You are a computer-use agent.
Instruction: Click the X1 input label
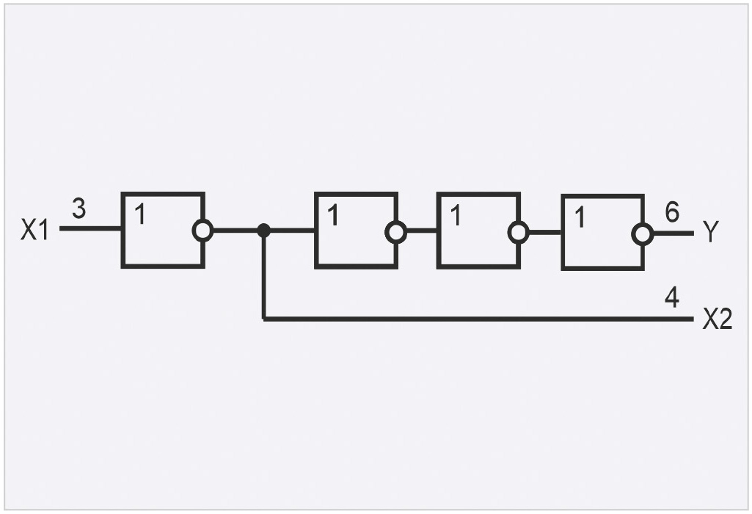click(x=35, y=229)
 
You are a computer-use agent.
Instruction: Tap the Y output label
click(x=711, y=232)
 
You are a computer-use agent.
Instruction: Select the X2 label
click(x=718, y=319)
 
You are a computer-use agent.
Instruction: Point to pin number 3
click(x=79, y=209)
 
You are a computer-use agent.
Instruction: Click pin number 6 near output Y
click(x=672, y=212)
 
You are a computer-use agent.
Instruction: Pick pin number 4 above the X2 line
click(x=672, y=297)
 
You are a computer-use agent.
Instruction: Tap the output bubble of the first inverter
click(x=203, y=231)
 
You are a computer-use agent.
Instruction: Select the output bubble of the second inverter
click(x=396, y=232)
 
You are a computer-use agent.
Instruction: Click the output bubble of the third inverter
click(x=519, y=232)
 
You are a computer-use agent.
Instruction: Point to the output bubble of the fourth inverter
click(x=643, y=234)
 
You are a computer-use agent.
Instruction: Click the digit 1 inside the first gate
click(x=139, y=214)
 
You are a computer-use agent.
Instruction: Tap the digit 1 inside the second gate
click(x=333, y=215)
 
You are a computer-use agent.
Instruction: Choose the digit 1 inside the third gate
click(x=456, y=215)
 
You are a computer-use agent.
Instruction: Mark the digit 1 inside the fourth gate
click(x=580, y=217)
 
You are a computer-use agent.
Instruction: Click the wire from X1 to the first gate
click(x=91, y=228)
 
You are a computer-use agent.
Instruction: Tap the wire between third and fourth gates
click(x=545, y=232)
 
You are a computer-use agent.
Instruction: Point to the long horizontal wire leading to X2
click(x=478, y=319)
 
